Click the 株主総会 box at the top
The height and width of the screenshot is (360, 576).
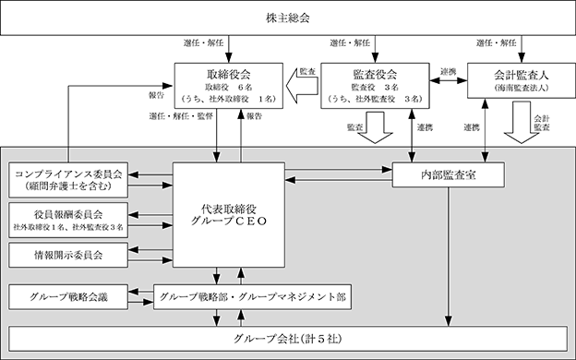(288, 18)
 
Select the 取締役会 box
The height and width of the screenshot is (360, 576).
(229, 86)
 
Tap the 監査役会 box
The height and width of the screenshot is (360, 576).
(375, 86)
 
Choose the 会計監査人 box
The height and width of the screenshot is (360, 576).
(522, 80)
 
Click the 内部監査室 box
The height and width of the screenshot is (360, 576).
(449, 174)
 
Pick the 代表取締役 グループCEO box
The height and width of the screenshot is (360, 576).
(229, 215)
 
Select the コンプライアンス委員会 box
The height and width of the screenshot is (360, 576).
(68, 180)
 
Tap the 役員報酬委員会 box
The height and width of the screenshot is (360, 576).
(68, 220)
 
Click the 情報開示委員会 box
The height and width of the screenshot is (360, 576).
(68, 255)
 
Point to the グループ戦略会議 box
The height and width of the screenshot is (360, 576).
(68, 297)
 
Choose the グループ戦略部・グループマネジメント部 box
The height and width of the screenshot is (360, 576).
(252, 297)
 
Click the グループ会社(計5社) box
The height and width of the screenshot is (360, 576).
(288, 339)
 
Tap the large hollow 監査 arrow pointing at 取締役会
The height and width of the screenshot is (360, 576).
(302, 86)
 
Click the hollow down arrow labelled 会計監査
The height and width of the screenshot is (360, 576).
(522, 123)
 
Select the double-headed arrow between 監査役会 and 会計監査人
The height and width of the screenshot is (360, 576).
(449, 80)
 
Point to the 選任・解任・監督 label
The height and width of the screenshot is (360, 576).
(181, 116)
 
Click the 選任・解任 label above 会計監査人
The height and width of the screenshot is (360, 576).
(497, 43)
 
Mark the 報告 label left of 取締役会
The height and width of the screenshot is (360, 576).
(156, 95)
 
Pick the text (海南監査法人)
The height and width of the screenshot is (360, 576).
(522, 88)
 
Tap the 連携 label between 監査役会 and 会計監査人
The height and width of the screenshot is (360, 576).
(449, 72)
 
